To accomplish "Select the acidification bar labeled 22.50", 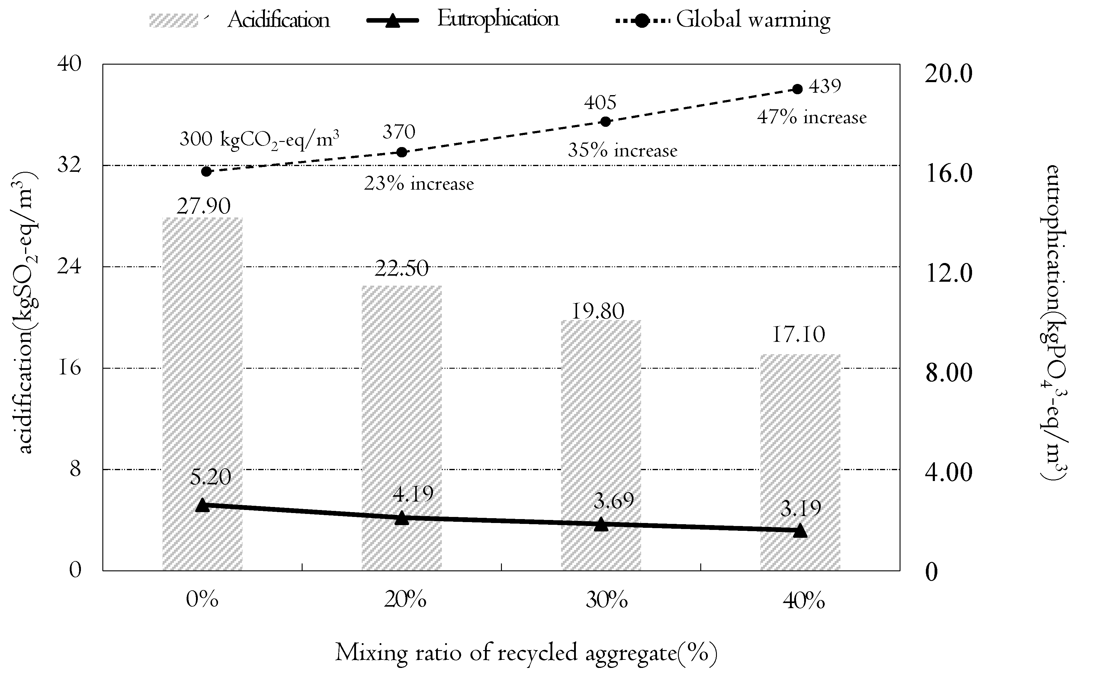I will [402, 427].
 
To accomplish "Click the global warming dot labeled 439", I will [798, 89].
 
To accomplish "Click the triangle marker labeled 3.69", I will [601, 524].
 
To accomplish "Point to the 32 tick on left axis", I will [69, 165].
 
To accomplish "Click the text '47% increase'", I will [811, 118].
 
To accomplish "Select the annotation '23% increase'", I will [419, 184].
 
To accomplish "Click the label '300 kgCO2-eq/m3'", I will [259, 139].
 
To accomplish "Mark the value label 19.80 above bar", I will [598, 311].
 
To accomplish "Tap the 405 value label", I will [600, 103].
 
